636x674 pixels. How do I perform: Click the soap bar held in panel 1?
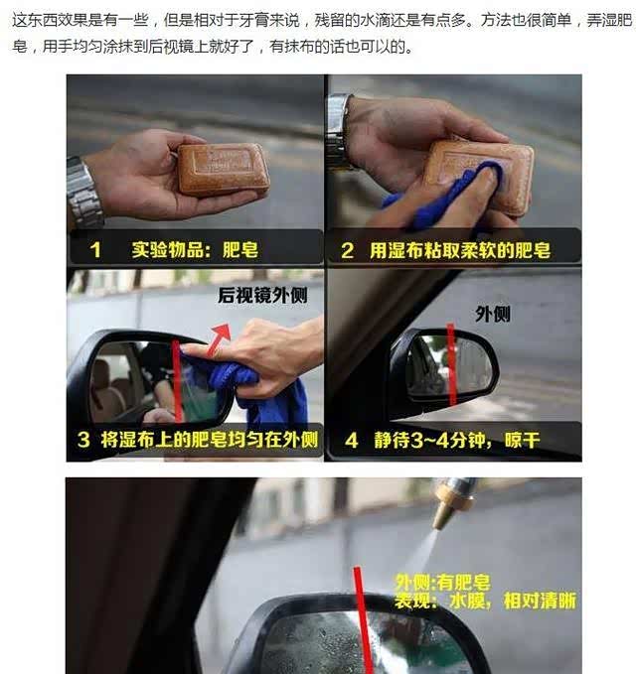[223, 169]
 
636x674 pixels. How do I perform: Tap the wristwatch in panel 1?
[84, 194]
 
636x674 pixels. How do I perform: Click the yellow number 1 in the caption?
[95, 250]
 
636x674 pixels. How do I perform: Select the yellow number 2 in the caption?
[347, 250]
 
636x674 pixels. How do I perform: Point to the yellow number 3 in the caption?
[83, 440]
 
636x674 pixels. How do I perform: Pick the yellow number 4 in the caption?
[352, 441]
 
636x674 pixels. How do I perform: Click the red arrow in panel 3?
[219, 339]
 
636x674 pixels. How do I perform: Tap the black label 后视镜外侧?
[262, 295]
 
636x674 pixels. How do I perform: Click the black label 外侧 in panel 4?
[493, 315]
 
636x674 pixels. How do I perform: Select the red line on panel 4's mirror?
[451, 363]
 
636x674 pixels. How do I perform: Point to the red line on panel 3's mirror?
[177, 380]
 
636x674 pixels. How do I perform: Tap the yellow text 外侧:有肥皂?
[442, 583]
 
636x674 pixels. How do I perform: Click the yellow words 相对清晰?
[540, 601]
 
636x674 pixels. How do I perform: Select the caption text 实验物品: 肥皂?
[195, 250]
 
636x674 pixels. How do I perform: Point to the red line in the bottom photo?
[363, 620]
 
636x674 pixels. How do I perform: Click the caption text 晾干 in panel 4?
[523, 441]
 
